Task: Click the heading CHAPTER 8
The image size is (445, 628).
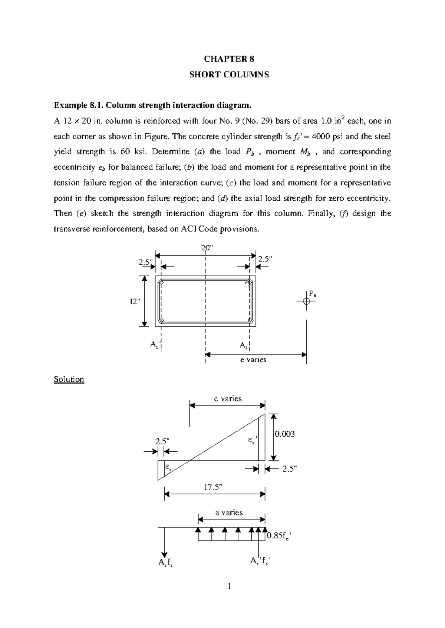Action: pos(229,59)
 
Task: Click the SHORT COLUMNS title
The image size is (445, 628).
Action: pos(229,74)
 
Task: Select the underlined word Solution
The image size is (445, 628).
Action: pos(69,379)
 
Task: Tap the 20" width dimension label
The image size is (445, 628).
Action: pos(206,248)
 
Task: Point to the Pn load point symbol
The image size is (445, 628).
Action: pos(306,301)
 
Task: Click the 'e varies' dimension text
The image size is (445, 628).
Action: pos(253,360)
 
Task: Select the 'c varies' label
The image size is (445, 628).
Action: pos(228,399)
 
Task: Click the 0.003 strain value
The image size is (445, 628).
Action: pos(285,434)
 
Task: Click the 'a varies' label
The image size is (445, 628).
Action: pos(229,512)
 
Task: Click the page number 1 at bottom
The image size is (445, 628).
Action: pos(229,586)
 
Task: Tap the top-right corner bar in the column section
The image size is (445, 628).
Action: pos(250,283)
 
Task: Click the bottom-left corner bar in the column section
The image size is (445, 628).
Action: pos(161,320)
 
